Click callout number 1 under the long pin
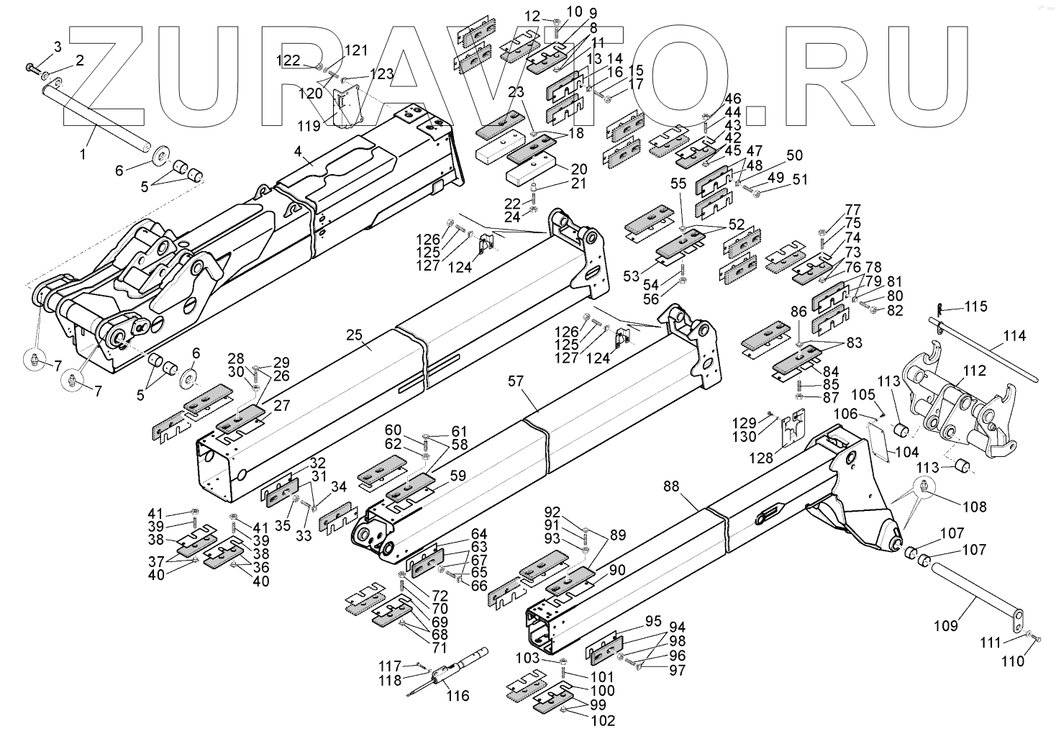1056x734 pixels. click(83, 153)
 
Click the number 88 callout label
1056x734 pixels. click(670, 487)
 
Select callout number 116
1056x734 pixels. click(458, 696)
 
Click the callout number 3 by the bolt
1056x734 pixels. click(58, 47)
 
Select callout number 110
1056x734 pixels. click(1013, 661)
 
